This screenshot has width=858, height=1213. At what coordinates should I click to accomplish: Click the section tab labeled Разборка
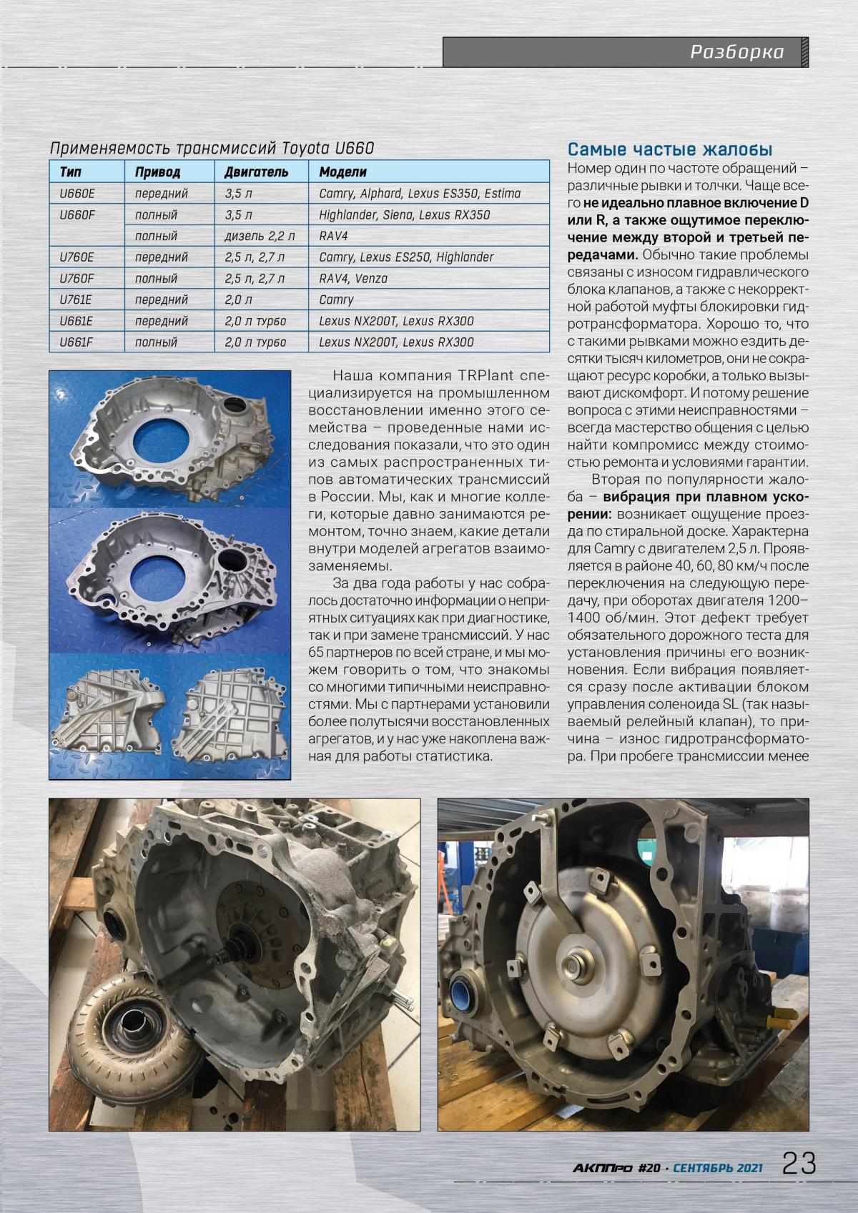[736, 52]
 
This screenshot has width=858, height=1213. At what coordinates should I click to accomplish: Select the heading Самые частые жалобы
[669, 150]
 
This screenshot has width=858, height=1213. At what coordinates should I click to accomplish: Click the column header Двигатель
[256, 172]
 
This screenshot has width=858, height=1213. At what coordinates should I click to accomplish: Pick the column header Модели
[342, 172]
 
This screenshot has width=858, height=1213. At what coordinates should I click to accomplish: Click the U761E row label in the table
[77, 299]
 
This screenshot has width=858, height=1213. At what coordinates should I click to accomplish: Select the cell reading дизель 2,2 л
[260, 236]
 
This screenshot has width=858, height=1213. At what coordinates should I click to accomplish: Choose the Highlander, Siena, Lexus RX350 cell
[404, 214]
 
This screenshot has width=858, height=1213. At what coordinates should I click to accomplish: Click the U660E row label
[77, 193]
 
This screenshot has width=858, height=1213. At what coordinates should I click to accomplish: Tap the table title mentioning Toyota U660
[211, 149]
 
